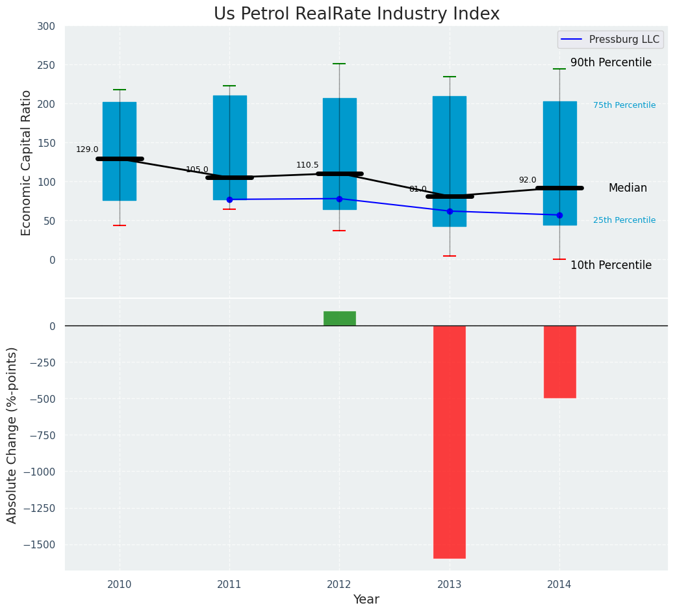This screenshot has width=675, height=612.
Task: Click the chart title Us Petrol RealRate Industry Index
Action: click(357, 14)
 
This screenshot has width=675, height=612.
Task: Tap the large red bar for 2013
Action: click(450, 442)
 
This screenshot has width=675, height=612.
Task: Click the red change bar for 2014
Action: click(559, 361)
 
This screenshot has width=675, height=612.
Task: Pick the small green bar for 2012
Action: click(339, 318)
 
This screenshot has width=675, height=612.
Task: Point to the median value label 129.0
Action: click(87, 149)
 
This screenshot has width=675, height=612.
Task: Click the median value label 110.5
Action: click(307, 165)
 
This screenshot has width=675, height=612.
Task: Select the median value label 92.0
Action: click(528, 180)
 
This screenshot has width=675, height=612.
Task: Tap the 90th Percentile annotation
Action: click(611, 63)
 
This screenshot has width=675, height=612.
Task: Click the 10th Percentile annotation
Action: click(611, 265)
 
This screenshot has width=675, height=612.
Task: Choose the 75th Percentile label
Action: click(624, 105)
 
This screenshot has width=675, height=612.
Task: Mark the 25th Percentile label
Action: click(624, 220)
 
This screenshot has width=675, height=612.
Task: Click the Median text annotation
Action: click(628, 188)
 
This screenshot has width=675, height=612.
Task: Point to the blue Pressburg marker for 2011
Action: click(229, 199)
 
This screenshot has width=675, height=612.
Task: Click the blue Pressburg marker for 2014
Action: click(559, 215)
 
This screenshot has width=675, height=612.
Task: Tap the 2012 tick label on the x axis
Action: click(339, 585)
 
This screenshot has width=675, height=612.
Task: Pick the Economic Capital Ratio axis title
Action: click(27, 162)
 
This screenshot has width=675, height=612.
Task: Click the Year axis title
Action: click(366, 600)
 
